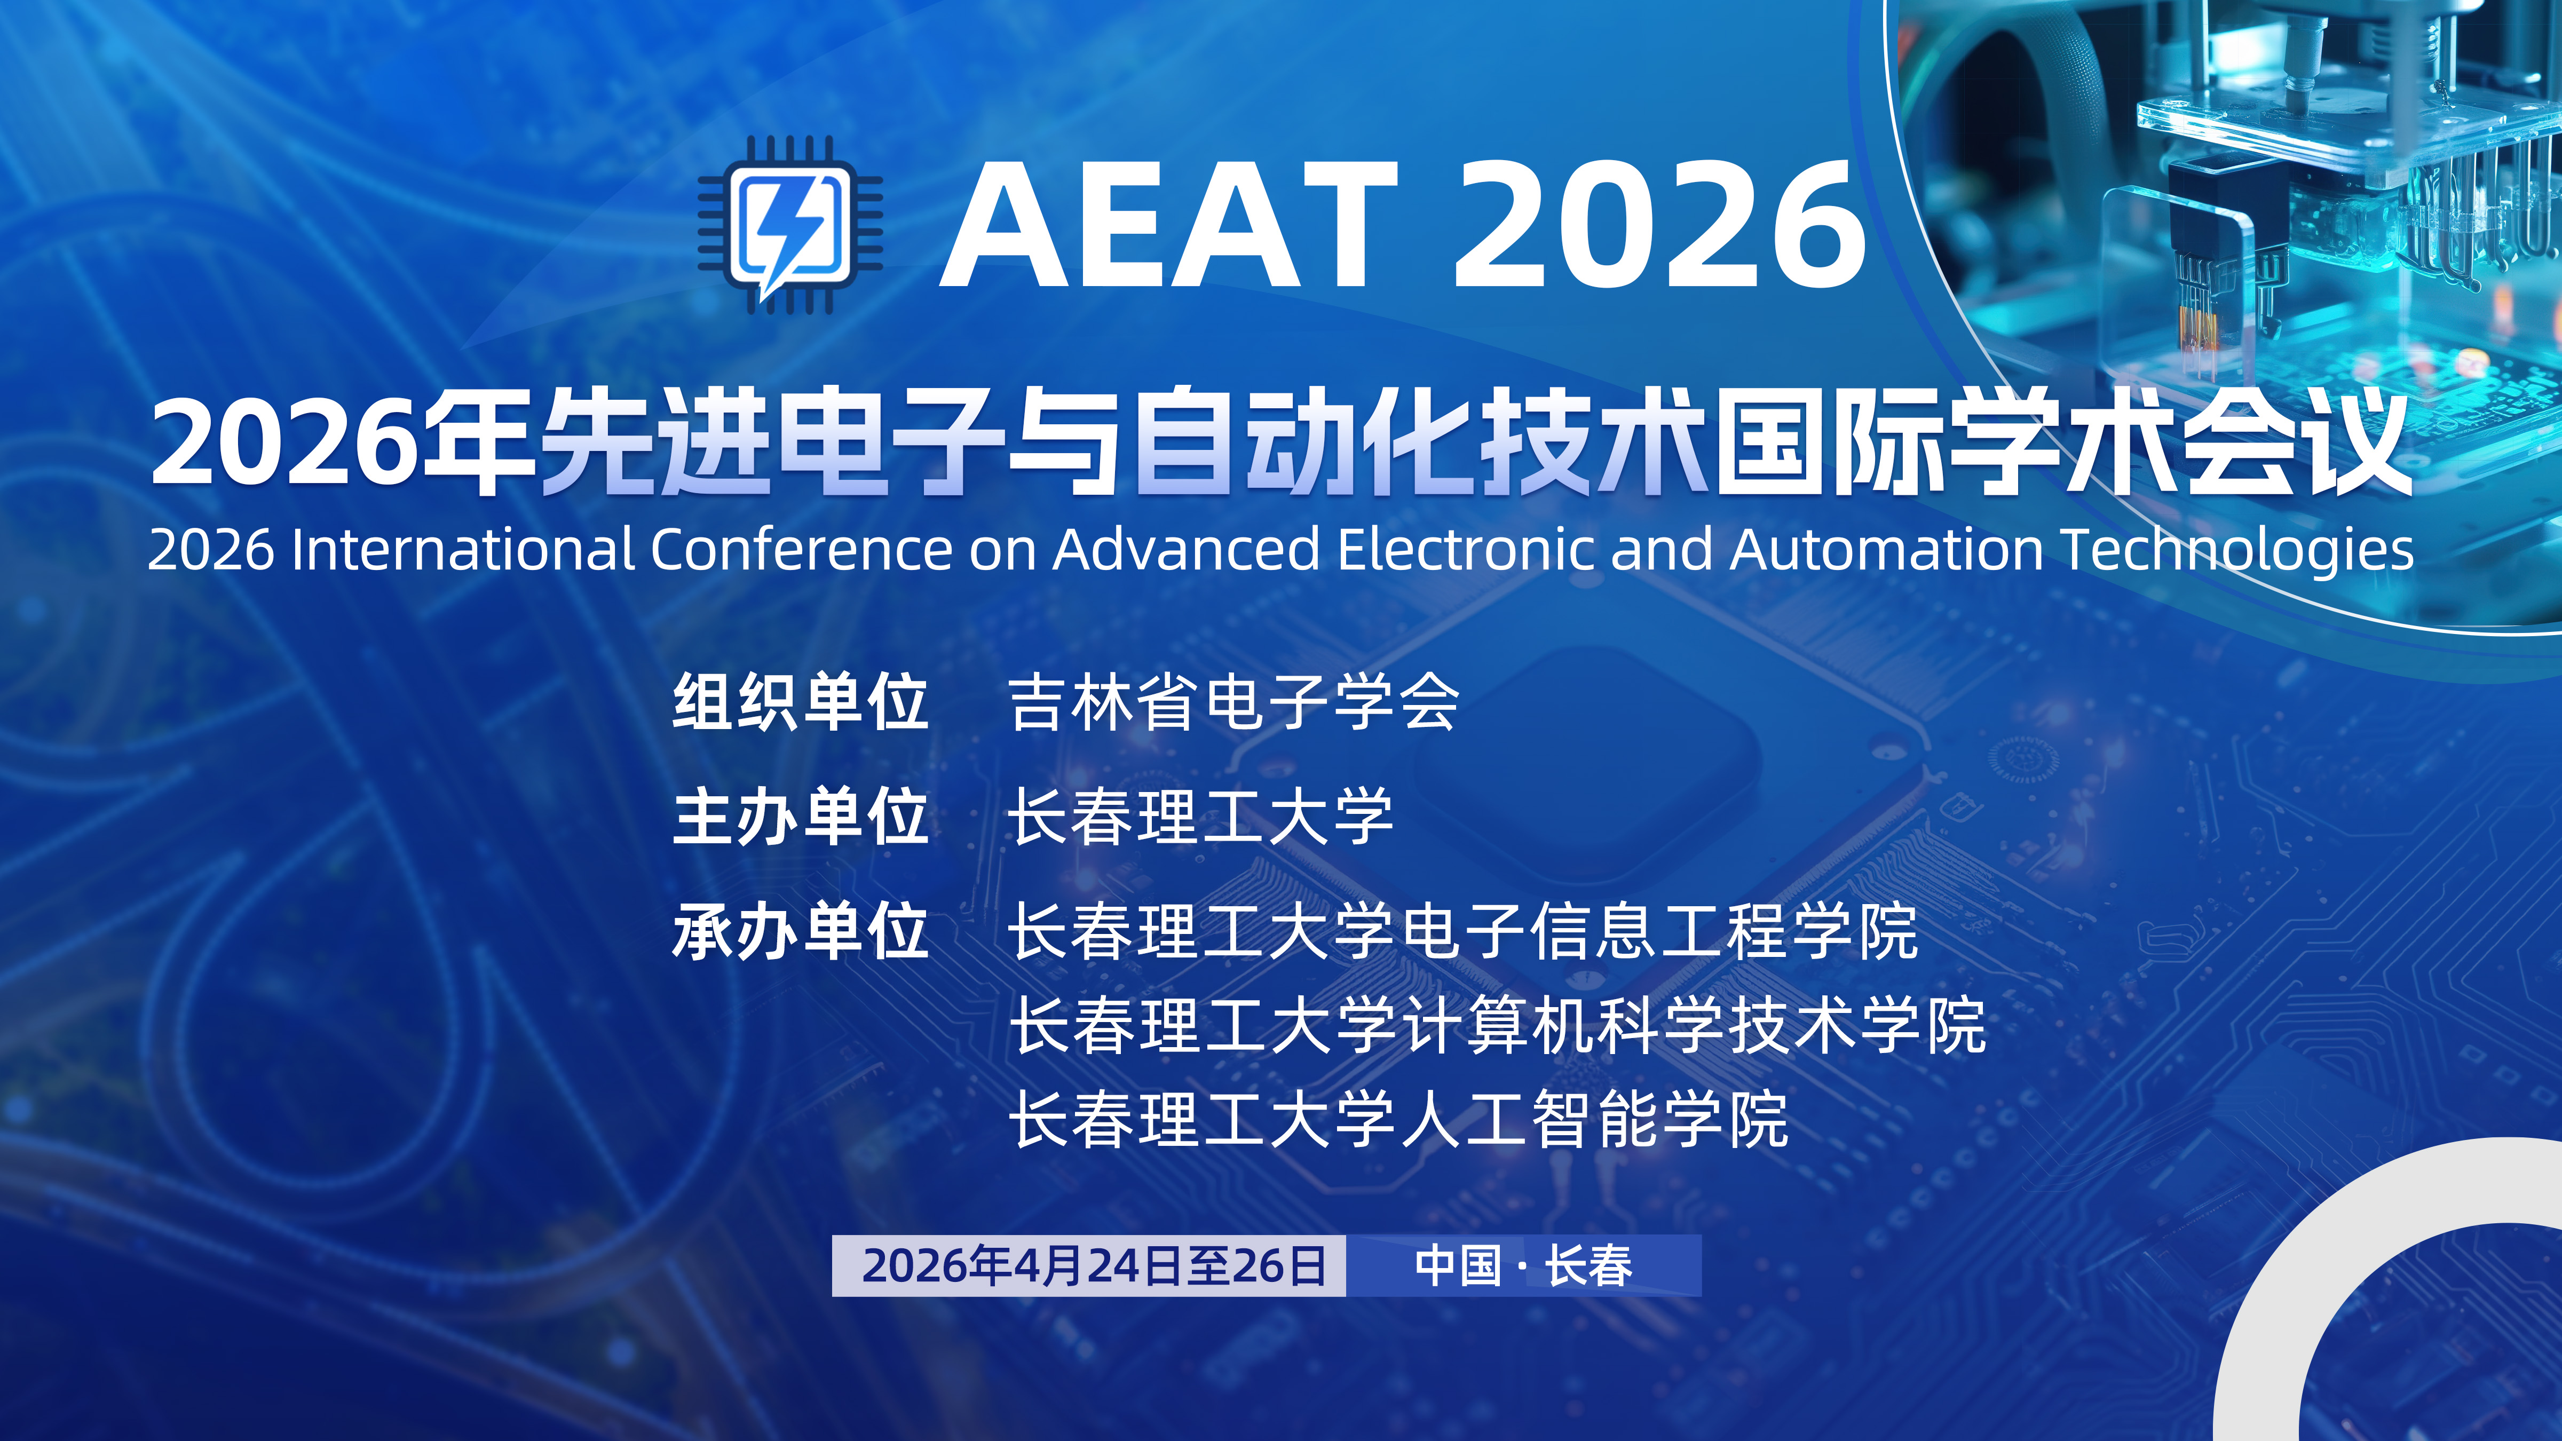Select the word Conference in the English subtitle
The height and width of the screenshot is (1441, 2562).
tap(801, 549)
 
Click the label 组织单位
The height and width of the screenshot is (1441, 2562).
tap(801, 702)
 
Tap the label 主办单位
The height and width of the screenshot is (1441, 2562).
tap(801, 818)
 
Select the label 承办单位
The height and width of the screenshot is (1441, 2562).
tap(801, 932)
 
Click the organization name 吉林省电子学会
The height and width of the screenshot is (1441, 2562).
tap(1233, 702)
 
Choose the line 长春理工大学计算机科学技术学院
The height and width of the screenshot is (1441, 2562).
tap(1497, 1025)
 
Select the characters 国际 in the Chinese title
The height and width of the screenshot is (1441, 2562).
tap(1830, 442)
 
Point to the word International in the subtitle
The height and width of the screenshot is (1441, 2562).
tap(462, 549)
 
